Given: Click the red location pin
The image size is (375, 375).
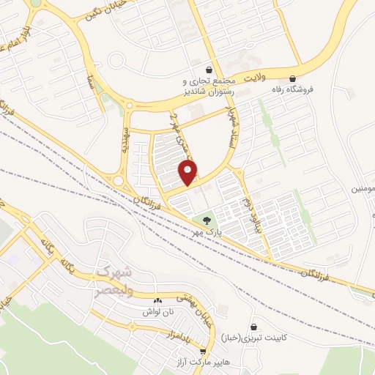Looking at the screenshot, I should pyautogui.click(x=189, y=172).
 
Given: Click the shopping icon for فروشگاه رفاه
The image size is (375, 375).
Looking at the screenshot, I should pyautogui.click(x=293, y=78).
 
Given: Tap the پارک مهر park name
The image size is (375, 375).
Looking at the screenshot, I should pyautogui.click(x=207, y=231).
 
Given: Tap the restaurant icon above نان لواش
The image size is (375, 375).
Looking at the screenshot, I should pyautogui.click(x=157, y=302).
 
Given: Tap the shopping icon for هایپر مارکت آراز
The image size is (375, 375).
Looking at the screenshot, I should pyautogui.click(x=203, y=351).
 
